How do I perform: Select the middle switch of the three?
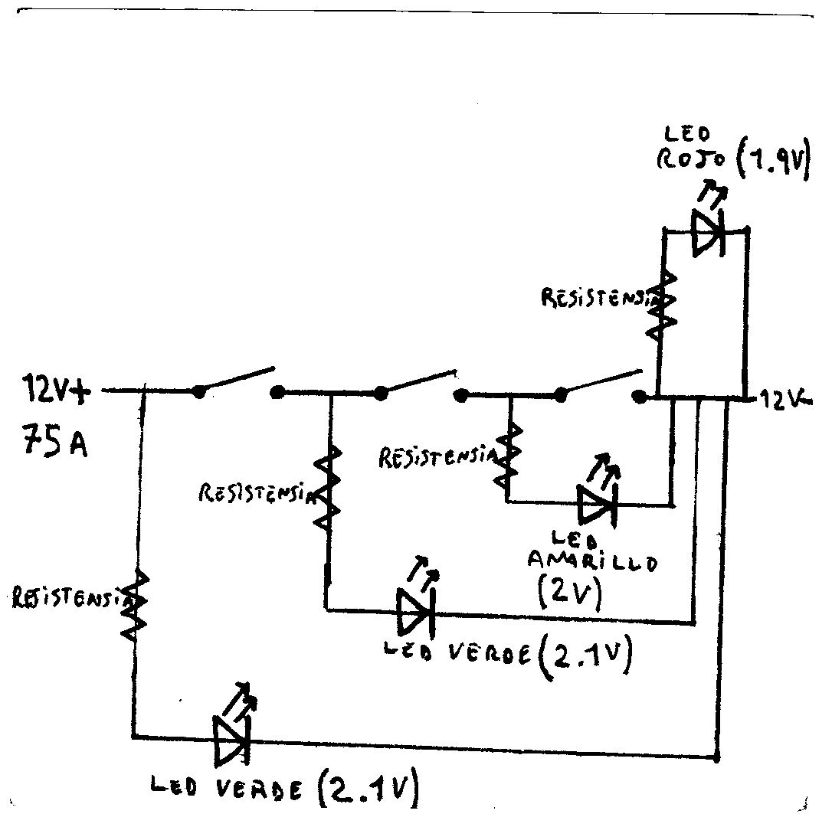[420, 385]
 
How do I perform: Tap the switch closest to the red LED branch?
[601, 385]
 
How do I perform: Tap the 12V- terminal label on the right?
[785, 397]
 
